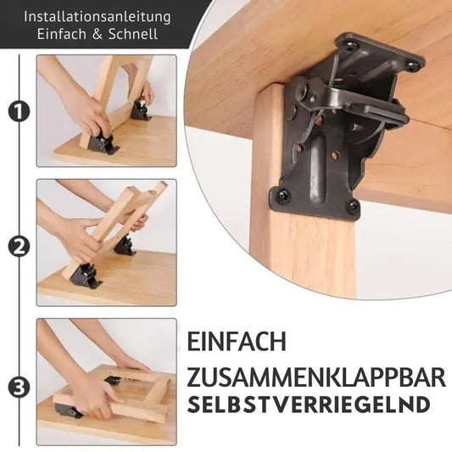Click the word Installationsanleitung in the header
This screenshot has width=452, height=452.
97,16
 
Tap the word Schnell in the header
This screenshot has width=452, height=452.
131,34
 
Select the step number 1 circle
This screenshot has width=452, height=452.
17,111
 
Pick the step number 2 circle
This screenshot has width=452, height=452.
17,247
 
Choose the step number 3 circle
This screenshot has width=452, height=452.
17,388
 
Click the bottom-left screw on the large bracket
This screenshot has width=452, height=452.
283,196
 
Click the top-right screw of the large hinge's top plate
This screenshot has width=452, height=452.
413,64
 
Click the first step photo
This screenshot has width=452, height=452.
106,110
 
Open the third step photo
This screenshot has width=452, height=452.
106,382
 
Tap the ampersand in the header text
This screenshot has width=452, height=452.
98,34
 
